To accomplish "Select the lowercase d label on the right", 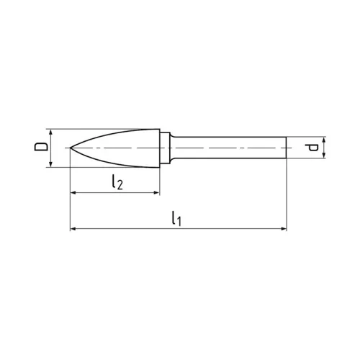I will coord(312,148).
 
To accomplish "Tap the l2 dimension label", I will coord(117,183).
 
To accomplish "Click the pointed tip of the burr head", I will coord(71,148).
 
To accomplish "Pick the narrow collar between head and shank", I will coord(165,148).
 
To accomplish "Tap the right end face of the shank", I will coord(287,148).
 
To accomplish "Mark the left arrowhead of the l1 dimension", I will coord(74,230).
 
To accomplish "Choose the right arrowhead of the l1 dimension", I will coord(283,230).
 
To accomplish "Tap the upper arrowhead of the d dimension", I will coord(324,140).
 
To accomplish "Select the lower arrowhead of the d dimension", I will coord(324,156).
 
